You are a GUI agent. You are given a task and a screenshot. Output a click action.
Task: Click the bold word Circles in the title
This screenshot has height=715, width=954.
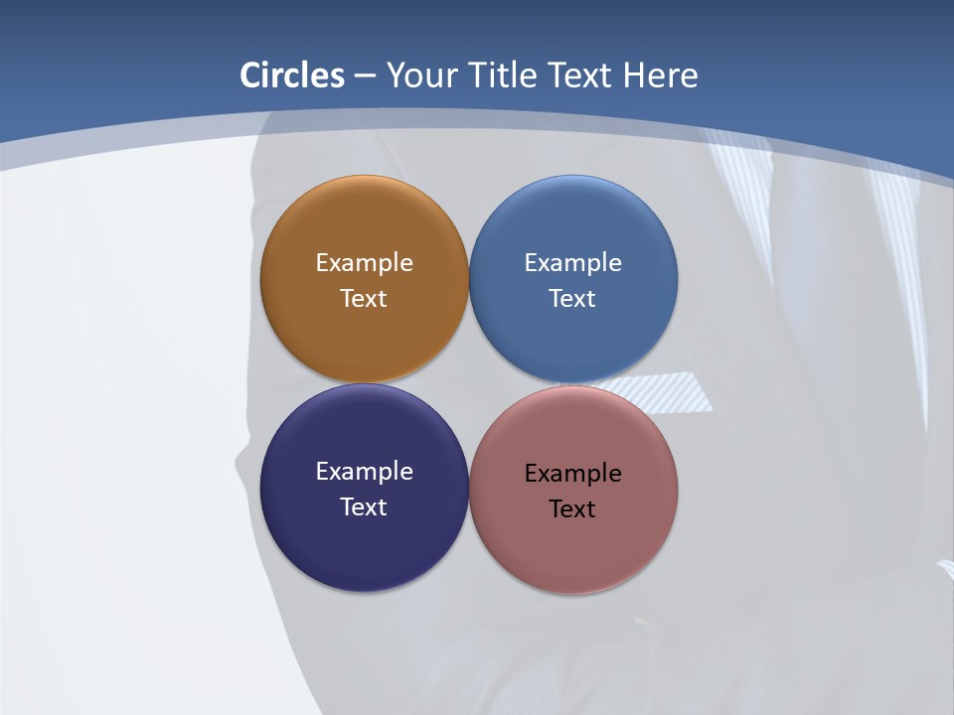click(x=292, y=75)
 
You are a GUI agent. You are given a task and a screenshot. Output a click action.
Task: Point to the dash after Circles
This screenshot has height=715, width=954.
click(x=365, y=76)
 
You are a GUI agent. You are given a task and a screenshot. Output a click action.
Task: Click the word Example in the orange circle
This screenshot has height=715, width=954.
click(x=364, y=263)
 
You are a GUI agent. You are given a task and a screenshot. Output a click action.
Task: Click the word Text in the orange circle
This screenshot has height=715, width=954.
click(x=364, y=299)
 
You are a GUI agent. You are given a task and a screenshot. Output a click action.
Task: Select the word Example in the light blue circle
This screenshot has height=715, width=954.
click(x=573, y=263)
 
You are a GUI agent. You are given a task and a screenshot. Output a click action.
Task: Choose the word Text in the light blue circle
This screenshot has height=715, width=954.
click(x=573, y=299)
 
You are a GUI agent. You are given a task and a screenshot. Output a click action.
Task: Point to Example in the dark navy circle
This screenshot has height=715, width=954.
click(x=364, y=472)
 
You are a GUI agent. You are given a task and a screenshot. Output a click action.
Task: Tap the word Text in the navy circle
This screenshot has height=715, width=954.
click(x=364, y=507)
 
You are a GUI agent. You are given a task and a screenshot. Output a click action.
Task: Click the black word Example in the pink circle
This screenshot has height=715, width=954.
click(x=573, y=474)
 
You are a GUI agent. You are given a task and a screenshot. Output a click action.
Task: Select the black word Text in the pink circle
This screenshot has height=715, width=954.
click(x=573, y=509)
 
